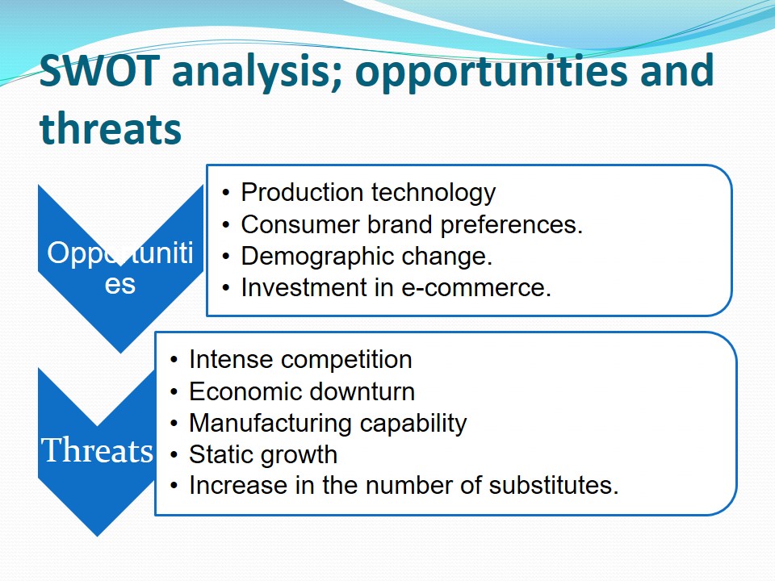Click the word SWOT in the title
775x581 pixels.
click(99, 70)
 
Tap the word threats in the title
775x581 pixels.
click(111, 128)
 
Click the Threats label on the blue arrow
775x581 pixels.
click(98, 450)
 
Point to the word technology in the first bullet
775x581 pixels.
click(434, 193)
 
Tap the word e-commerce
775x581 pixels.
click(476, 288)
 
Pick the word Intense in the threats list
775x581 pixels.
click(230, 360)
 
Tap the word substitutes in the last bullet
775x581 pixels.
click(554, 485)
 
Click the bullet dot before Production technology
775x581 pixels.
click(226, 193)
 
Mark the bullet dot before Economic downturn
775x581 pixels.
click(174, 392)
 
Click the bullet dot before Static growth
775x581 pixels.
click(174, 455)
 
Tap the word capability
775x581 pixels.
click(413, 424)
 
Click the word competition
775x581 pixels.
click(346, 360)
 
